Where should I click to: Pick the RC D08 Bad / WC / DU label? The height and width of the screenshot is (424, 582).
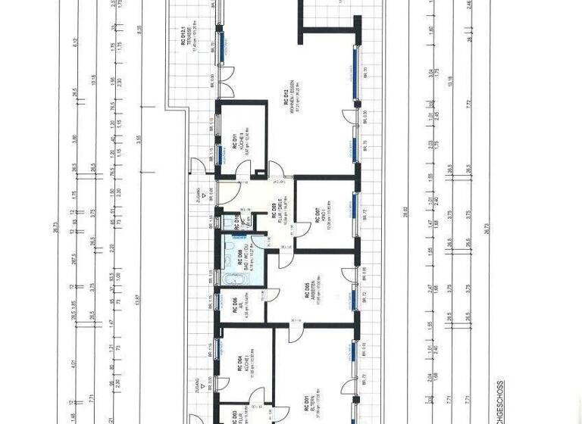[x=239, y=260]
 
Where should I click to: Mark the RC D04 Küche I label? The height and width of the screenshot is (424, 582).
[x=241, y=366]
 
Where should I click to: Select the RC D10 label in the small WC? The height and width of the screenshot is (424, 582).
[x=236, y=220]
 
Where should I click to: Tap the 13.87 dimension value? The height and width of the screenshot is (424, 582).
[x=138, y=301]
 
